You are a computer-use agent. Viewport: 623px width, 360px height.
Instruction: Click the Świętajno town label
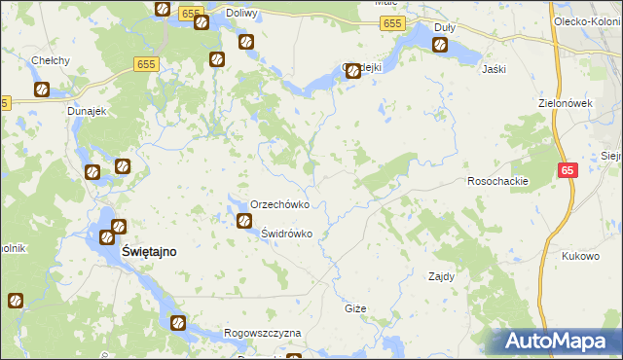coord(149,251)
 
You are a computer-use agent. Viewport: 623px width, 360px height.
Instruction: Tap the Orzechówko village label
coord(279,205)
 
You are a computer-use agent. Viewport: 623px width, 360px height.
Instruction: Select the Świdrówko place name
coord(286,234)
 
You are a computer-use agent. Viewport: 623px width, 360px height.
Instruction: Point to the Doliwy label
coord(240,14)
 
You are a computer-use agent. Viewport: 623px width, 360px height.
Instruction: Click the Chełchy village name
coord(50,60)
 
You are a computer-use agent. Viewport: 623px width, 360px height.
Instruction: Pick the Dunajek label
coord(85,112)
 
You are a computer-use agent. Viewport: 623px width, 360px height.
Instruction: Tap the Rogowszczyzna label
coord(262,333)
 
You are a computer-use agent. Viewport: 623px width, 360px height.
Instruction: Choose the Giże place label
coord(355,308)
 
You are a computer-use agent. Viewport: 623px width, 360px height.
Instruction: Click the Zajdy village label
coord(442,276)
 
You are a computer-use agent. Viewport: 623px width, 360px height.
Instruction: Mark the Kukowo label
coord(580,257)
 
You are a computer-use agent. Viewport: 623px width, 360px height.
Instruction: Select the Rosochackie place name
coord(497,182)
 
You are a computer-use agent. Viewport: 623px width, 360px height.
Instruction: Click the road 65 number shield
coord(568,171)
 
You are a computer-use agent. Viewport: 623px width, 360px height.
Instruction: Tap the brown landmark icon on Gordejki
coord(352,71)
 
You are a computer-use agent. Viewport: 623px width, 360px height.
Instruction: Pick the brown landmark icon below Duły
coord(441,45)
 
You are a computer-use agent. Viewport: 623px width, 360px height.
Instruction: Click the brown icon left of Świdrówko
coord(243,222)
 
